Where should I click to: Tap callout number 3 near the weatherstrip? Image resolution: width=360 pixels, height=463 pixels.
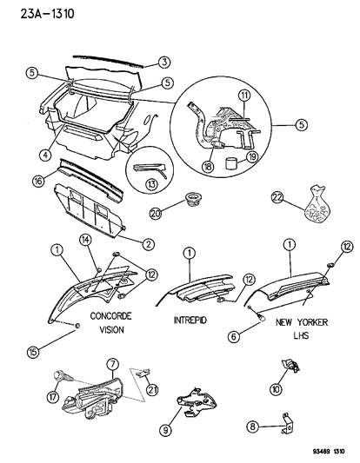[x=163, y=61]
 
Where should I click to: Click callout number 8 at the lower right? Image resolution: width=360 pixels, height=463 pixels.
[x=252, y=427]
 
